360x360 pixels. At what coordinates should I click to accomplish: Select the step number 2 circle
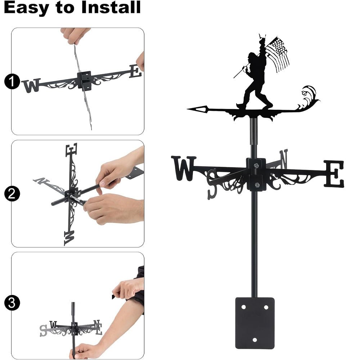click(12, 194)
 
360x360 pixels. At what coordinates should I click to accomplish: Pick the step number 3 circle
click(12, 303)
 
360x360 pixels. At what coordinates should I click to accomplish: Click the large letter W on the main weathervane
click(184, 168)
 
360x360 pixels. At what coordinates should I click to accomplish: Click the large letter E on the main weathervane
click(334, 174)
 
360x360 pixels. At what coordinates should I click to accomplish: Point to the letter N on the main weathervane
click(283, 159)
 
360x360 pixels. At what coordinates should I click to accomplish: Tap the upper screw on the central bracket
click(256, 166)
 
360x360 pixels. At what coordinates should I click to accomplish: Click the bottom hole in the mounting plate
click(255, 339)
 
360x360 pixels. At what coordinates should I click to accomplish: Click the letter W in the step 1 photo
click(31, 86)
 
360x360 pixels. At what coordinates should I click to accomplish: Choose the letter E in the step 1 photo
click(135, 71)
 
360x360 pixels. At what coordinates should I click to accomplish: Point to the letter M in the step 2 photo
click(69, 238)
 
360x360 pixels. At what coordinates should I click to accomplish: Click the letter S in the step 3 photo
click(44, 330)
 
